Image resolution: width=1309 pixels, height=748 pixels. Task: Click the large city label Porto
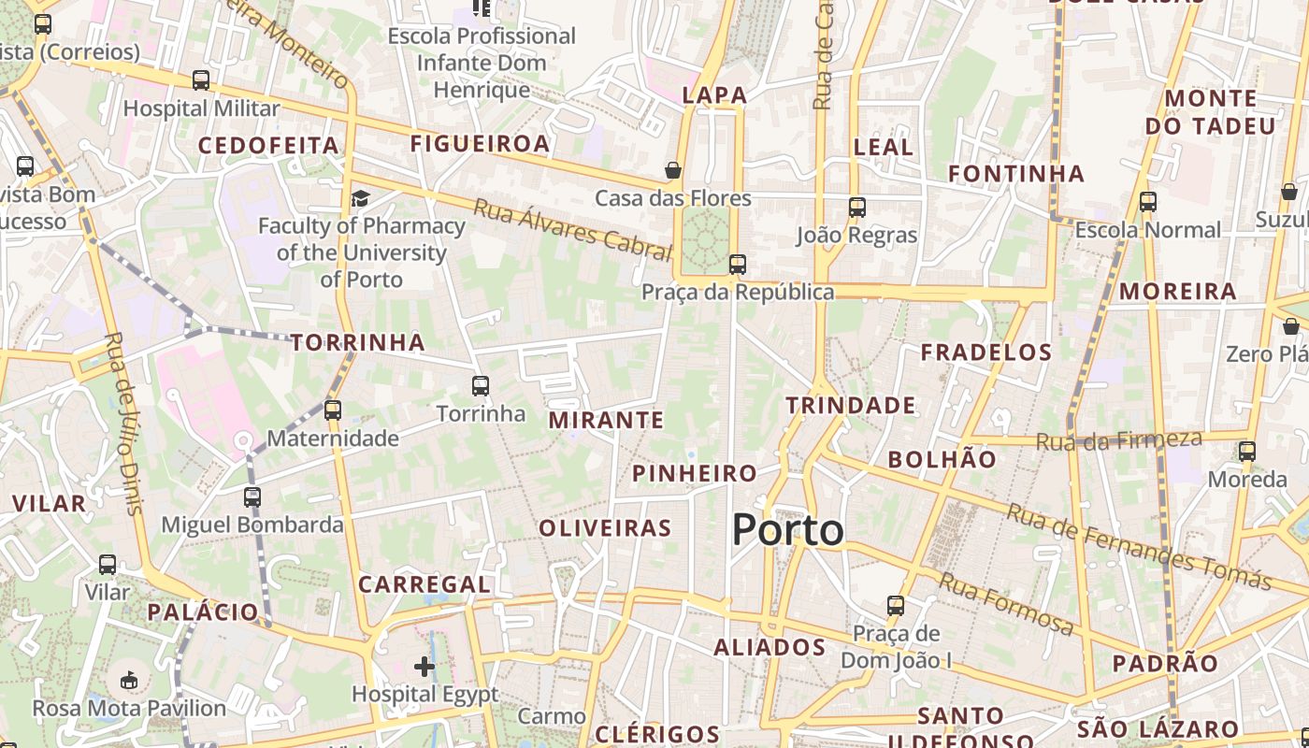point(788,530)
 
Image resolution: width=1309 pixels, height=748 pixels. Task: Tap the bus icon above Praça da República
point(738,265)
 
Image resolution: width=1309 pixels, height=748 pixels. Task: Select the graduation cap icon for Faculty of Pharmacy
point(360,198)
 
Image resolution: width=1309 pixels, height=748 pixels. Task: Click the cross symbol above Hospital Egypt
point(424,667)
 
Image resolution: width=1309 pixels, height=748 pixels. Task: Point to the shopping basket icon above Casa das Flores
point(672,170)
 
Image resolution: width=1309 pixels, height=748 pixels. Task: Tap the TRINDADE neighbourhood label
point(850,405)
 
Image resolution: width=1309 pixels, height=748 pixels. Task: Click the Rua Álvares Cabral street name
point(572,229)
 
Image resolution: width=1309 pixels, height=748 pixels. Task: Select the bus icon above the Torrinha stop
point(481,385)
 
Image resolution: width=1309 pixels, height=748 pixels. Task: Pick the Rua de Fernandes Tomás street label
point(1138,546)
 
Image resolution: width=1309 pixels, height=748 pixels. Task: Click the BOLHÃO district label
point(942,459)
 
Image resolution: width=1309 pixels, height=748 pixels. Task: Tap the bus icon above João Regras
point(856,208)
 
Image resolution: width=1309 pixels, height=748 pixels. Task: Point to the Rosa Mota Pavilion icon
point(129,680)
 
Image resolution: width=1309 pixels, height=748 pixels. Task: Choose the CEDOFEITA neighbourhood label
point(268,145)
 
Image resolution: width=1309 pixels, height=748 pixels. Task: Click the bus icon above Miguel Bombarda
point(252,497)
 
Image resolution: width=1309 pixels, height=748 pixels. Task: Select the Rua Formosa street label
point(1006,604)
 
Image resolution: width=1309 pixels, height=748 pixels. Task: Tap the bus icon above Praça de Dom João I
point(896,606)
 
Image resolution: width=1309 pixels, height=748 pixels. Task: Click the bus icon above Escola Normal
point(1148,202)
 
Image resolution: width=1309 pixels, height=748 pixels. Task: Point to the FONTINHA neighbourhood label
point(1016,173)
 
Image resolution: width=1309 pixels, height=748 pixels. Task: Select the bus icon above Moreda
point(1247,453)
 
